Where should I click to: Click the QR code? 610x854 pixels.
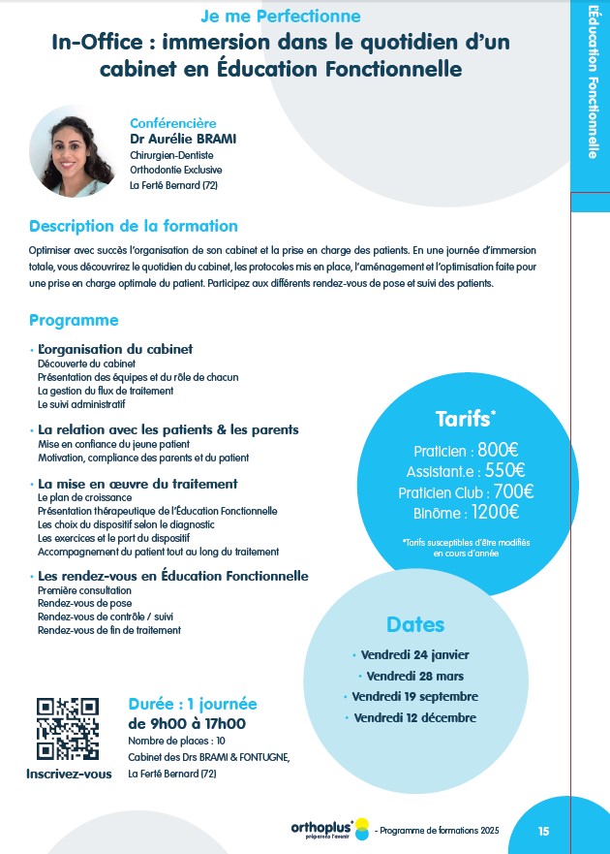tap(68, 729)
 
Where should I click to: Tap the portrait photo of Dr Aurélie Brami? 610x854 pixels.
tap(74, 151)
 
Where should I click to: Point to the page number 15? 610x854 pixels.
tap(543, 831)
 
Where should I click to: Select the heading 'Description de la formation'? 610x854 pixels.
tap(134, 226)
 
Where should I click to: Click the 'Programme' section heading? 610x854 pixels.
tap(74, 320)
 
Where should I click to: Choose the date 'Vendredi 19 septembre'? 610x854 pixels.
tap(414, 696)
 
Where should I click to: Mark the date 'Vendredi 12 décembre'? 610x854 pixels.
tap(415, 717)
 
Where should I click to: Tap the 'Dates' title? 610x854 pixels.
tap(415, 623)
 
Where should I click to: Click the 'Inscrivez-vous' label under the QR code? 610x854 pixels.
tap(69, 774)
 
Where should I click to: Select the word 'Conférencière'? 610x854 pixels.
tap(173, 123)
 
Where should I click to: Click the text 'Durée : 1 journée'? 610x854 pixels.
tap(193, 704)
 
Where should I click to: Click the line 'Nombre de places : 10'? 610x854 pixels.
tap(177, 741)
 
